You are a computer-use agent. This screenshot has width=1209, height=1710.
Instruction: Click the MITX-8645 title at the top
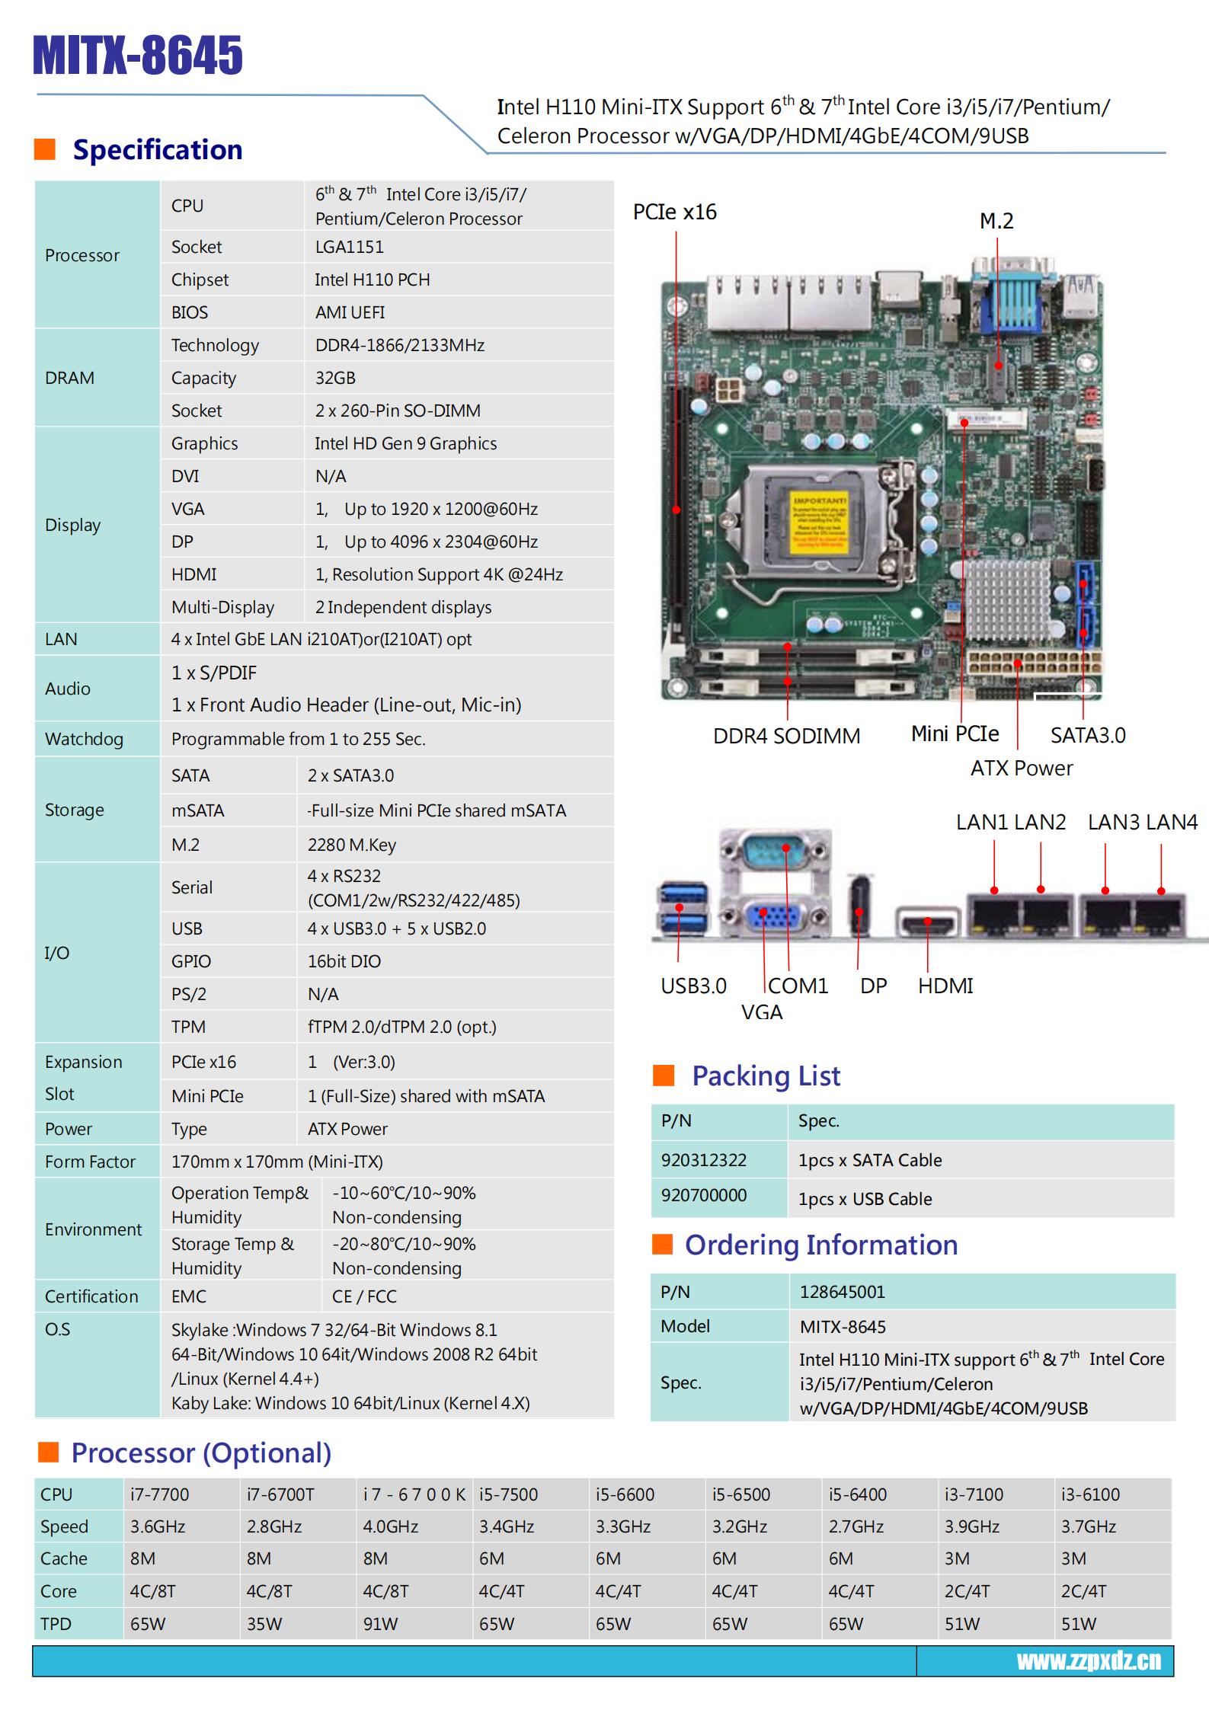[x=138, y=55]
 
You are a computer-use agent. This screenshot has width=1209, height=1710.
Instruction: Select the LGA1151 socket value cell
[x=350, y=247]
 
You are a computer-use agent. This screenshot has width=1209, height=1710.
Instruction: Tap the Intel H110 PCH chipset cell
[x=373, y=280]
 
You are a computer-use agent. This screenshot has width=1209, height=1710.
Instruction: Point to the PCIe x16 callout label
[x=674, y=212]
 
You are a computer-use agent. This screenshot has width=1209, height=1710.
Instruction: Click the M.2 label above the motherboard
[x=996, y=221]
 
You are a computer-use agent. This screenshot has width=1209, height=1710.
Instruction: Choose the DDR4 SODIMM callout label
[x=786, y=736]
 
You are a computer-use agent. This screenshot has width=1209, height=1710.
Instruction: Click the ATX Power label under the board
[x=1021, y=768]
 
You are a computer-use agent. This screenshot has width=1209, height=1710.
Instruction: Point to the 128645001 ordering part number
[x=843, y=1292]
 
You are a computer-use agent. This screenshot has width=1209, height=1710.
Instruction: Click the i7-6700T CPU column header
[x=280, y=1494]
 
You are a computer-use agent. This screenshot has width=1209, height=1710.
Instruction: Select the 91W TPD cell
[x=380, y=1624]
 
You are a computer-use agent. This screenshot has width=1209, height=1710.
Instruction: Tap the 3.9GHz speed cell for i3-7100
[x=972, y=1526]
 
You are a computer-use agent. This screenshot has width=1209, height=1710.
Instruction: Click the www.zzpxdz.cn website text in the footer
[x=1089, y=1661]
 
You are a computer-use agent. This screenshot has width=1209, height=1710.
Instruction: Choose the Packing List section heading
[x=766, y=1076]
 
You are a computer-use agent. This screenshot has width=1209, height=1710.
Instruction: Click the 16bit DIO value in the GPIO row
[x=344, y=961]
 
